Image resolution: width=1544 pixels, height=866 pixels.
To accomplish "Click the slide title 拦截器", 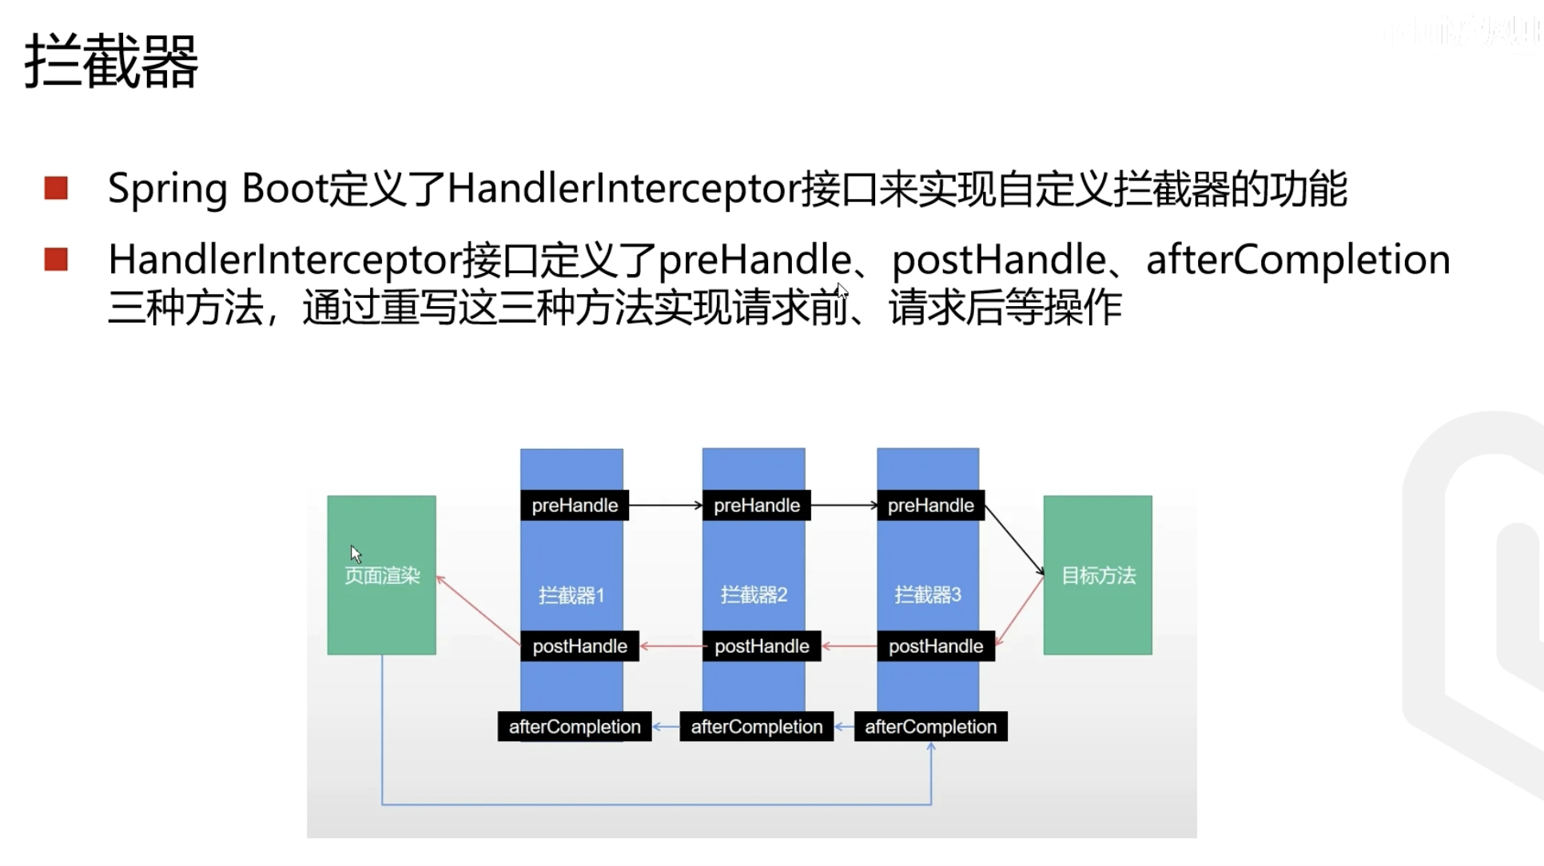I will tap(111, 61).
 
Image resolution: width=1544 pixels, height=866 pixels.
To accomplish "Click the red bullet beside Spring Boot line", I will tap(56, 189).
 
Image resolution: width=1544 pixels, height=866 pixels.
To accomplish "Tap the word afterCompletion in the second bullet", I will tap(1298, 260).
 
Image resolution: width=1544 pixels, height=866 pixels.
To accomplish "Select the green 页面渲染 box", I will tap(381, 575).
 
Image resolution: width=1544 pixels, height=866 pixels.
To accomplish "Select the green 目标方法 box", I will tap(1097, 575).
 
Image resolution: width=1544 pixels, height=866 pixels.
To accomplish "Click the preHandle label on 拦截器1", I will tap(575, 506).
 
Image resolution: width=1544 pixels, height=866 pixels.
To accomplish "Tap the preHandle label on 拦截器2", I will tap(756, 506).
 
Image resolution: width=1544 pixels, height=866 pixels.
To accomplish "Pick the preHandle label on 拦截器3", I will tap(930, 506).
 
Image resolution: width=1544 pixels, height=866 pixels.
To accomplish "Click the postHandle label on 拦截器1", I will tap(579, 646).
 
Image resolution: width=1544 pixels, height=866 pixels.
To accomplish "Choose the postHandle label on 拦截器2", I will tap(762, 646).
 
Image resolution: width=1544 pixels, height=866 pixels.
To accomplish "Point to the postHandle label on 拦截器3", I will tap(936, 646).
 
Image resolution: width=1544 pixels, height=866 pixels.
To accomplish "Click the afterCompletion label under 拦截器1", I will tap(575, 727).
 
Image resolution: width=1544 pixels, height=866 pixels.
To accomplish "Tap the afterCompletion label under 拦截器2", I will tap(756, 727).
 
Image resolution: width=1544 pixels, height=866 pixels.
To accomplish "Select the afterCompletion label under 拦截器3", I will tap(930, 727).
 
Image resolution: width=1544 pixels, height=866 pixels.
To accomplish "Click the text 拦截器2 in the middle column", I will tap(754, 595).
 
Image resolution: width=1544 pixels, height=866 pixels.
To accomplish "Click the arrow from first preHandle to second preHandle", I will tap(665, 506).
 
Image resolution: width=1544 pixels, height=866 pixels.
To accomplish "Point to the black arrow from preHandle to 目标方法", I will tap(1014, 539).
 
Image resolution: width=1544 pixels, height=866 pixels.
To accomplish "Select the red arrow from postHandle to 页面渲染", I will tap(479, 611).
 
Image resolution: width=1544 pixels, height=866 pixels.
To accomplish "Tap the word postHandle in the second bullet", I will tap(998, 260).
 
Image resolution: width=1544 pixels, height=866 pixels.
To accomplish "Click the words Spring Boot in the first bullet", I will tap(218, 189).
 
